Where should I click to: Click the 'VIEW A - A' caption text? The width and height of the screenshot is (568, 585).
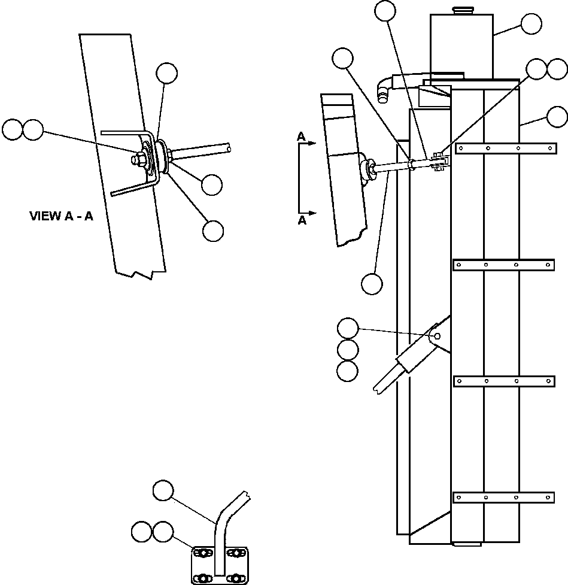tap(61, 216)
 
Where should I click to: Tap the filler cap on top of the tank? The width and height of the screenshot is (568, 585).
tap(461, 10)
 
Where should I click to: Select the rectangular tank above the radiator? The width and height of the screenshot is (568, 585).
tap(461, 45)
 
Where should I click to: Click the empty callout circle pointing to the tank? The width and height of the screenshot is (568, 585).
tap(531, 24)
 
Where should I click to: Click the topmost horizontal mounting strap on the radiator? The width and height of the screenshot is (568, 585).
tap(504, 148)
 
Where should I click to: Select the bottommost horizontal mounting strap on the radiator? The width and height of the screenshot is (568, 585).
tap(504, 497)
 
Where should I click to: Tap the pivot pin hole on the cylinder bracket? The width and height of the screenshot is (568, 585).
tap(438, 336)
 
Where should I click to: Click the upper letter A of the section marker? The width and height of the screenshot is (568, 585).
tap(302, 137)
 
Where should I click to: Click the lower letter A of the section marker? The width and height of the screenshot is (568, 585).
tap(302, 220)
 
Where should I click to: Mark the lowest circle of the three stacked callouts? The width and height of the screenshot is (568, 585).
tap(347, 371)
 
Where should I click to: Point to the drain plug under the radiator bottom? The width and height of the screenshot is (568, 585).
tap(466, 545)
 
